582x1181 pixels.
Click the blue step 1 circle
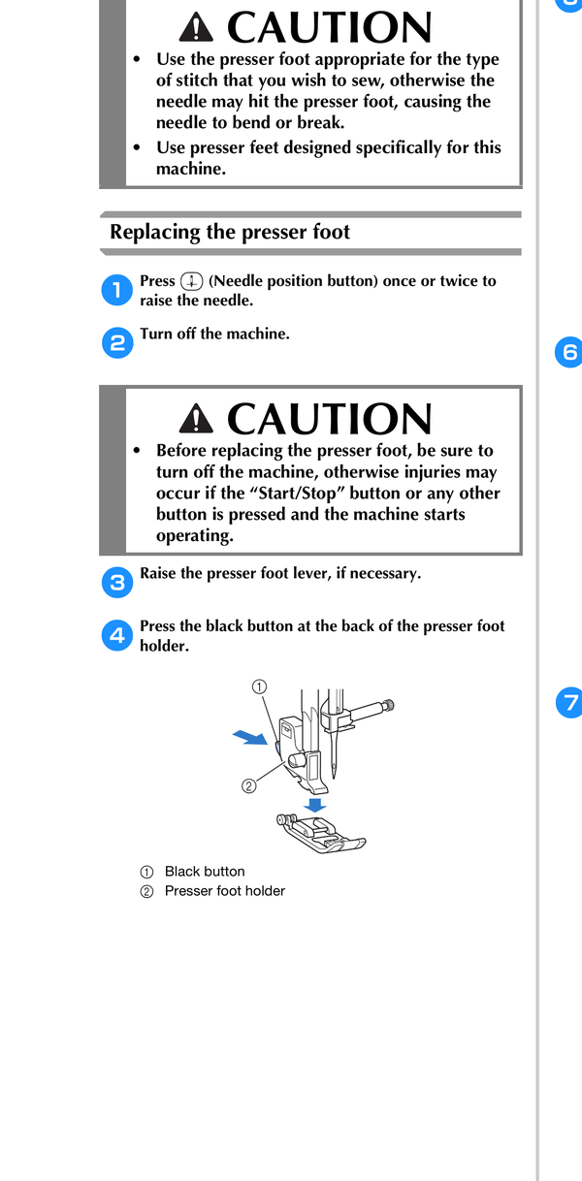click(x=116, y=290)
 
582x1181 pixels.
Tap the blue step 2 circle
click(x=117, y=343)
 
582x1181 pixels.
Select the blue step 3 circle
click(x=117, y=583)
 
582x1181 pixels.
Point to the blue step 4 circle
click(x=116, y=635)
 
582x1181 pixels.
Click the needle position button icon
click(x=191, y=281)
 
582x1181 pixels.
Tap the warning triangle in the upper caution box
click(x=196, y=28)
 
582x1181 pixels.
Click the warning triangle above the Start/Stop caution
click(x=196, y=419)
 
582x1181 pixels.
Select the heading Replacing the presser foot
click(x=230, y=232)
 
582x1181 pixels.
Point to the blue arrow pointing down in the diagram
click(x=315, y=805)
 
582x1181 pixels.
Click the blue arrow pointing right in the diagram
click(x=250, y=737)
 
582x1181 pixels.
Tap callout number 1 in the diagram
click(x=259, y=687)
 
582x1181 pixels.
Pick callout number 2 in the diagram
click(x=248, y=786)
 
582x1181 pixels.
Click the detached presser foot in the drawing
click(x=321, y=833)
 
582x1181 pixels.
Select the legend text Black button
click(x=205, y=872)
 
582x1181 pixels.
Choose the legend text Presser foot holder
click(x=225, y=891)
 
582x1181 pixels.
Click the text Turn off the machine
click(x=214, y=334)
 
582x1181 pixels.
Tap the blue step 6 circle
click(x=568, y=352)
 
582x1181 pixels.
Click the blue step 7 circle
click(x=569, y=702)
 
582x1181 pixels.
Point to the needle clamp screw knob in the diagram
click(x=389, y=705)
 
